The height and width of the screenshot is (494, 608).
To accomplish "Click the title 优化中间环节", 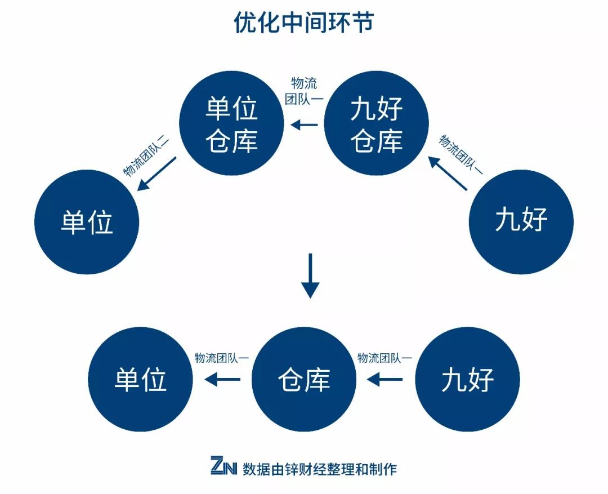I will coord(303,23).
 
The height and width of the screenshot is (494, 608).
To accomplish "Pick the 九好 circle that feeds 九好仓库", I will coord(521,221).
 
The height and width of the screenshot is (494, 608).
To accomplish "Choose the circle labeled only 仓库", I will coord(304,380).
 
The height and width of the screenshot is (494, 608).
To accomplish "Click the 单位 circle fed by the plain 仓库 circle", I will coord(141,380).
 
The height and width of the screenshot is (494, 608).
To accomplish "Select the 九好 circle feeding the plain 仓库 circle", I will coord(467,380).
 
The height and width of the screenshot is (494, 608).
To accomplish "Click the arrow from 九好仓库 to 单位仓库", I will coord(305,124).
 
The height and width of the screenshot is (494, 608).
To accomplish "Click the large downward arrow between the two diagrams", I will coord(310,275).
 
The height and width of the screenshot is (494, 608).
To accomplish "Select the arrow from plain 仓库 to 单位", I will coord(222,380).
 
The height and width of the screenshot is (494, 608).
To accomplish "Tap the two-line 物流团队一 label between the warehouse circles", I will coord(302,91).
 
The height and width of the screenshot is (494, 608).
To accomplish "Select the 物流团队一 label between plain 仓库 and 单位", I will coord(221,358).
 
